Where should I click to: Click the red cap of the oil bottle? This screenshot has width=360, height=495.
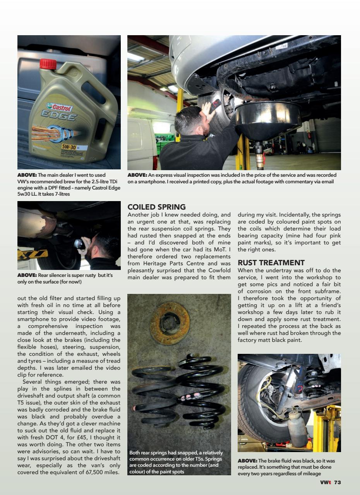pyautogui.click(x=48, y=64)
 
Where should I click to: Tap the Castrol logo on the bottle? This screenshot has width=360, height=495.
pyautogui.click(x=59, y=107)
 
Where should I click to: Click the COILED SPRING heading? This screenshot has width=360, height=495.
pyautogui.click(x=156, y=207)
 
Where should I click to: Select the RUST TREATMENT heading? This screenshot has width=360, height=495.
pyautogui.click(x=271, y=263)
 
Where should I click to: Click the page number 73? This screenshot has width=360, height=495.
pyautogui.click(x=337, y=482)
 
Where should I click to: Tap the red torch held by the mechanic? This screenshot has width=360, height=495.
pyautogui.click(x=215, y=104)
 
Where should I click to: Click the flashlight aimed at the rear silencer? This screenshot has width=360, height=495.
pyautogui.click(x=79, y=244)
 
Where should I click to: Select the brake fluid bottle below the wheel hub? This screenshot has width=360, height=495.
pyautogui.click(x=297, y=430)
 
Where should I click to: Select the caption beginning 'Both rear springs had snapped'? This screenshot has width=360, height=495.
pyautogui.click(x=176, y=462)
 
